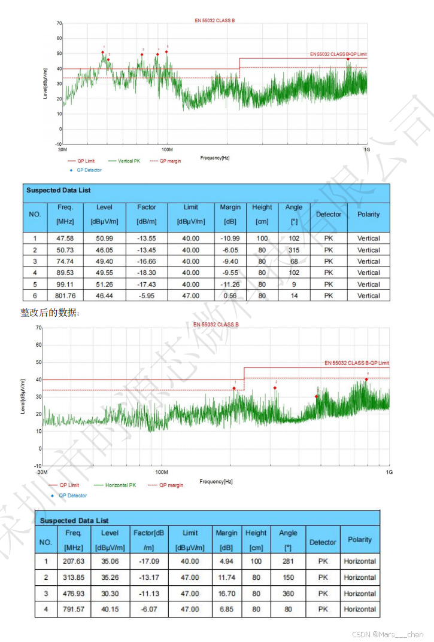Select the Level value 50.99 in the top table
point(104,239)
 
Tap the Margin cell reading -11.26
point(230,285)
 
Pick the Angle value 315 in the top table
point(294,250)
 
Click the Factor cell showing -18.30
point(146,273)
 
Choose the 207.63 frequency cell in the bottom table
point(74,561)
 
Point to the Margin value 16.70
point(226,594)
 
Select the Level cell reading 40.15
point(110,609)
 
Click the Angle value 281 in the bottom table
point(288,561)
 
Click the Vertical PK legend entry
point(125,161)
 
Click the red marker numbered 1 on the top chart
point(102,52)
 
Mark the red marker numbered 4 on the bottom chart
point(367,379)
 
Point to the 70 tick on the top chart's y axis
point(59,23)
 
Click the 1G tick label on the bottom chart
point(389,472)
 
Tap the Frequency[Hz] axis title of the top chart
point(215,158)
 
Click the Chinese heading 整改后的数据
point(50,313)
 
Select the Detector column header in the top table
point(329,215)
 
